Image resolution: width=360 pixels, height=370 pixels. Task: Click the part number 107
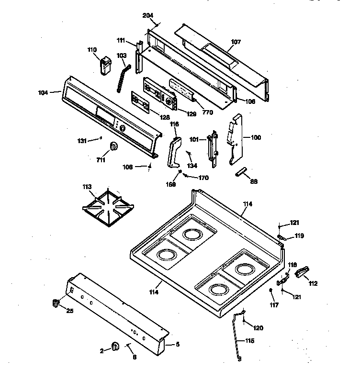[x=236, y=42]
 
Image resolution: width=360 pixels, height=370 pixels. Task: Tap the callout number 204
[x=148, y=15]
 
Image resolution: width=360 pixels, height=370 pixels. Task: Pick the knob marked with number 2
[x=115, y=347]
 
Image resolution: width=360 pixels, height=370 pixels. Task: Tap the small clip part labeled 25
[x=56, y=303]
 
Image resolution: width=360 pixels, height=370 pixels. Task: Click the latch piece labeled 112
[x=302, y=273]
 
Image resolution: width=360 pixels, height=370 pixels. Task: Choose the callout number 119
[x=299, y=235]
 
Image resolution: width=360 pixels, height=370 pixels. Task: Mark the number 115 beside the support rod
[x=250, y=341]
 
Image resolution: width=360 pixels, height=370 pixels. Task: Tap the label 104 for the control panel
[x=43, y=92]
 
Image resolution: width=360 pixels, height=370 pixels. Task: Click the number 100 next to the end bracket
[x=256, y=137]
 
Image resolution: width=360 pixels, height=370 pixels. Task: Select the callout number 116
[x=174, y=124]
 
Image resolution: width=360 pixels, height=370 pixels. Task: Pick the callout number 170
[x=203, y=178]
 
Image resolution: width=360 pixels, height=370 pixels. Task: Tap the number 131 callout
[x=83, y=141]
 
